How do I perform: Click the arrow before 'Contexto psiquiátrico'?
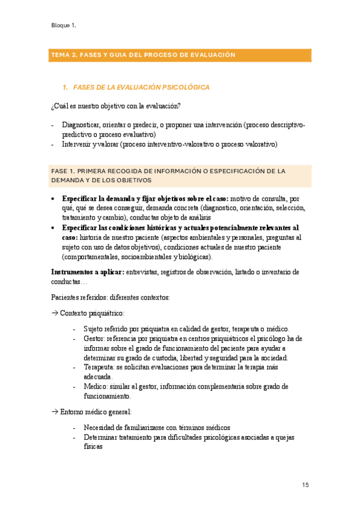point(55,313)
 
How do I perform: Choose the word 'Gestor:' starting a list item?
point(95,339)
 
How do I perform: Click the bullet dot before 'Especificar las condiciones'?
point(54,228)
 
